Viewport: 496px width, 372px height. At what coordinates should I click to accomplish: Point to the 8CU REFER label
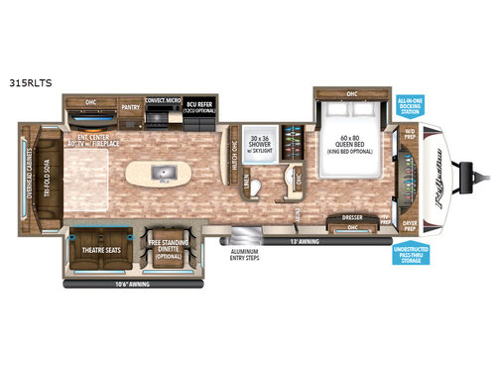tap(203, 102)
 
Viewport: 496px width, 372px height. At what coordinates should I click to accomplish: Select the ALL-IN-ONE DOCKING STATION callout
tap(409, 107)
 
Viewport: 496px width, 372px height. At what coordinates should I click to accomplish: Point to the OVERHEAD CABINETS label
tap(29, 179)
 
